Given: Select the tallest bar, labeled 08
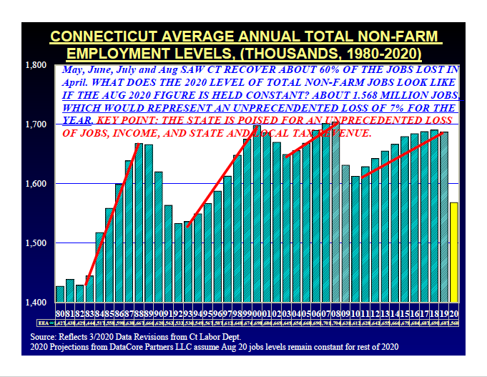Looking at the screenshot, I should pos(335,215).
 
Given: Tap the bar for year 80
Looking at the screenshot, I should pos(60,294).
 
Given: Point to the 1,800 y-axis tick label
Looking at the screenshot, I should pos(36,66).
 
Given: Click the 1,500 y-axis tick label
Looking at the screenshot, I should pos(36,243).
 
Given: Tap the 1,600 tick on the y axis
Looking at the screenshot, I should pos(36,184).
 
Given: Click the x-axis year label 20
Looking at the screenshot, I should pos(453,313).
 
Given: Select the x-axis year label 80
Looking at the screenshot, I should pos(60,313).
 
